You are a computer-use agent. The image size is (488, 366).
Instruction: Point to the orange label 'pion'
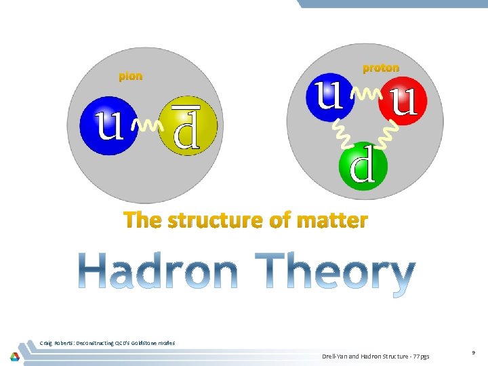click(131, 76)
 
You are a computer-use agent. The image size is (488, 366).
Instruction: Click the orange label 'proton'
click(381, 68)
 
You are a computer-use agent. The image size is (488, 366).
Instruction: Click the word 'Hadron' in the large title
click(158, 272)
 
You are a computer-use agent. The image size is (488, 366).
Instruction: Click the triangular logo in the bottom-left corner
click(14, 356)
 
